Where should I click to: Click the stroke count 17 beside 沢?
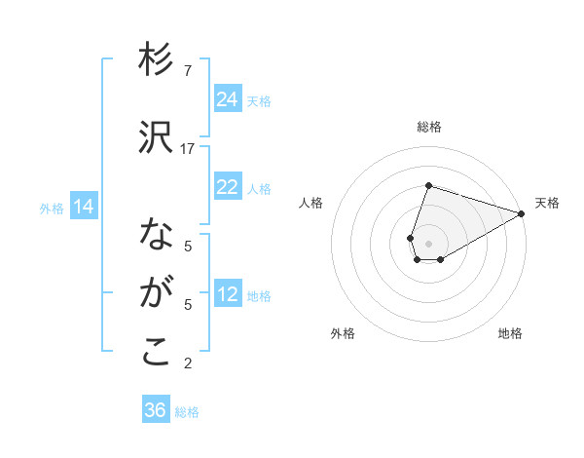[x=188, y=148]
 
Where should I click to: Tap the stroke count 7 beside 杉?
[x=188, y=70]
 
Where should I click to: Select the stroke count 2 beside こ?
[x=188, y=363]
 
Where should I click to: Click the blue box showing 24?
[x=228, y=98]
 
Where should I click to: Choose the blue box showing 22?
[x=228, y=187]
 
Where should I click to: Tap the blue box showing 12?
[x=228, y=294]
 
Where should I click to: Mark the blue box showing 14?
[x=84, y=206]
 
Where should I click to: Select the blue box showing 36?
[x=156, y=410]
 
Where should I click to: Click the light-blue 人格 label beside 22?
[x=259, y=189]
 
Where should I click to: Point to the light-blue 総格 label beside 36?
[x=187, y=412]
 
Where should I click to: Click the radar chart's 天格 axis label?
[x=547, y=203]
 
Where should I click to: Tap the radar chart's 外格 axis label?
[x=343, y=333]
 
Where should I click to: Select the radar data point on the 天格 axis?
[x=522, y=212]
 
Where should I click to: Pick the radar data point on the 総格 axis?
[x=428, y=185]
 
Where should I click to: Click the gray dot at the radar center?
[x=428, y=242]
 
